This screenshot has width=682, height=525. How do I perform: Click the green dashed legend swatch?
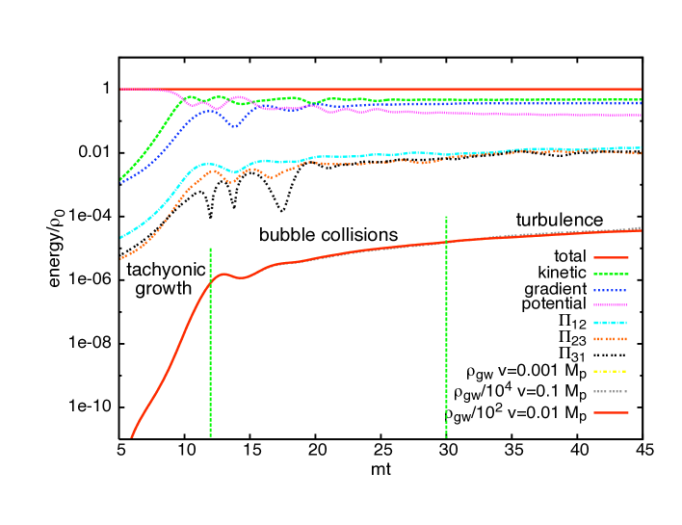(x=611, y=274)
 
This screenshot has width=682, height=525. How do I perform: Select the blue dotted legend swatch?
(x=611, y=290)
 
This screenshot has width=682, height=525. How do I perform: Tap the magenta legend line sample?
(x=611, y=305)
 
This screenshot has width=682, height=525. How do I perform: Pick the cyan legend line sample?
(x=611, y=323)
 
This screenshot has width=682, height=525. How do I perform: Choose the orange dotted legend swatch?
(x=611, y=339)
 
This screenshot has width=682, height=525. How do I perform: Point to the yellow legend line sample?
(x=611, y=371)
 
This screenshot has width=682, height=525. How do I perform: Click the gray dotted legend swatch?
(x=611, y=391)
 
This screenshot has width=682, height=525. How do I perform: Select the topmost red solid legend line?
(x=611, y=257)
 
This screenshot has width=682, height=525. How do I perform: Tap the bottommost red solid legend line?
(x=611, y=412)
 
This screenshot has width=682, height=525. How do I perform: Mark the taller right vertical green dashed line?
(x=446, y=328)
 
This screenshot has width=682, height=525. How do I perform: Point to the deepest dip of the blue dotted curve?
(x=234, y=126)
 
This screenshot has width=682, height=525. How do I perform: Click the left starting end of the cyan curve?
(x=121, y=237)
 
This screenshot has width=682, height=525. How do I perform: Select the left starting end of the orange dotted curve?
(x=121, y=258)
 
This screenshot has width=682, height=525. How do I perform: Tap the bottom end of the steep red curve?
(x=132, y=436)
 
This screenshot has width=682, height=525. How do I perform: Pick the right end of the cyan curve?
(x=641, y=147)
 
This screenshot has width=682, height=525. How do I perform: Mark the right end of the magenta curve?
(x=641, y=115)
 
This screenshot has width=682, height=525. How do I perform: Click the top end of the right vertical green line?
(x=446, y=218)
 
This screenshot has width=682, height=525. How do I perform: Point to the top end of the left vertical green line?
(x=210, y=249)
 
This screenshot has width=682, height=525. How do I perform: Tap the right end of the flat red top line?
(x=641, y=89)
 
